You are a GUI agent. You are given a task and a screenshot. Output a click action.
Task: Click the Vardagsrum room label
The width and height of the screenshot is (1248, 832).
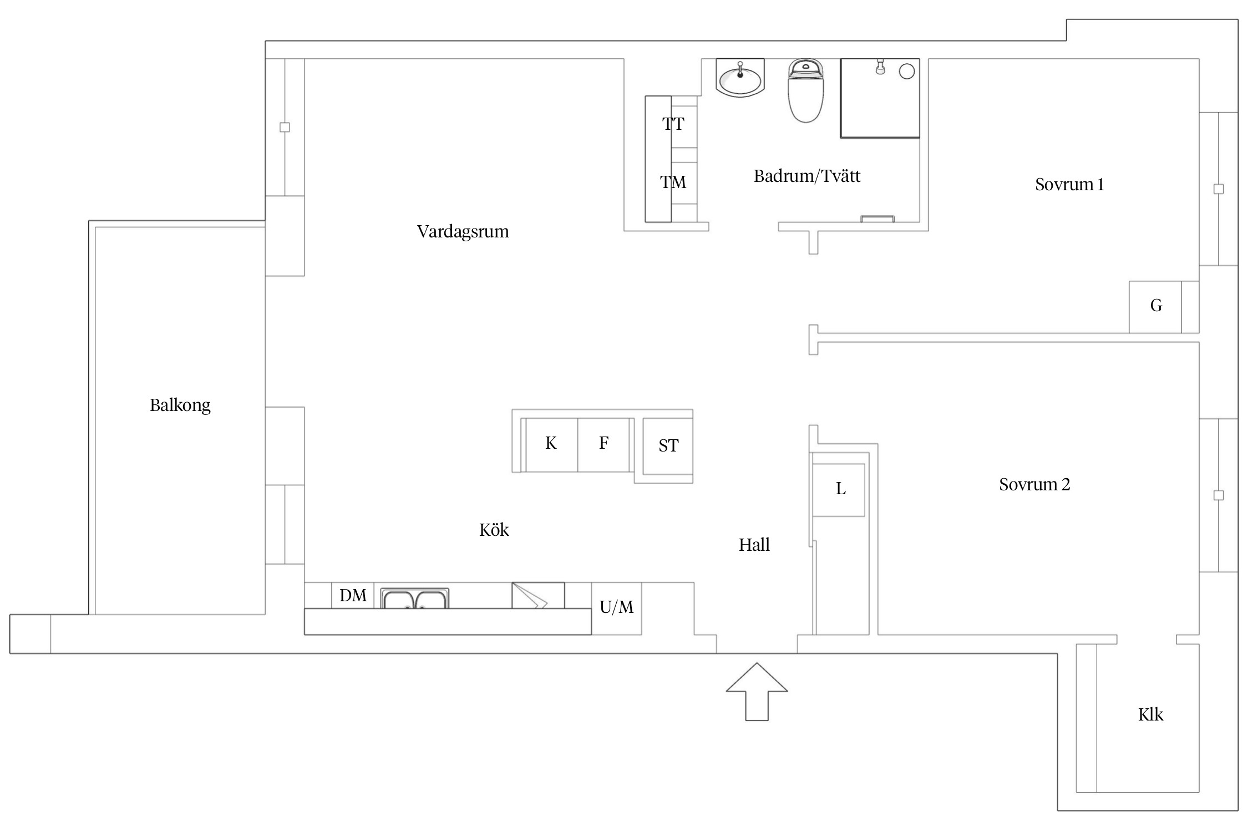coord(463,231)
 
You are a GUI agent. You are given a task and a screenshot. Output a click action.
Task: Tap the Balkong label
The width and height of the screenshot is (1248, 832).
coord(180,405)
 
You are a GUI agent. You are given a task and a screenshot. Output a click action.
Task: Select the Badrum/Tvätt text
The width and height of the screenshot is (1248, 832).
coord(807,176)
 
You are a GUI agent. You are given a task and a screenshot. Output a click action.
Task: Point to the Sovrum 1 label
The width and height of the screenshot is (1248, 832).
coord(1069,184)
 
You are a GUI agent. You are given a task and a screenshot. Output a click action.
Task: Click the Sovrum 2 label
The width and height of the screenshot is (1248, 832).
coord(1034,484)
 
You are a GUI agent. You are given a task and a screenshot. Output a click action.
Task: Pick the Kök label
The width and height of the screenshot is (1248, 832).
coord(494,530)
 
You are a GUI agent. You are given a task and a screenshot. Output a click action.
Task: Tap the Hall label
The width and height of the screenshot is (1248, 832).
coord(754,545)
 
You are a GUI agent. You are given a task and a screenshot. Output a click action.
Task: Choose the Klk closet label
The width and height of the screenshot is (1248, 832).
coord(1150,714)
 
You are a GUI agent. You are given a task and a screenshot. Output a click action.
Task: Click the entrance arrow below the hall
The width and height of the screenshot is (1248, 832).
coord(757,692)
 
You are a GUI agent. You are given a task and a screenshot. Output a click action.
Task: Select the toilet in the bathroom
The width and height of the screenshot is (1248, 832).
coord(806,90)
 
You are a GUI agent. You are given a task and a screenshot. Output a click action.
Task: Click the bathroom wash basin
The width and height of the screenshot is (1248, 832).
coord(740,78)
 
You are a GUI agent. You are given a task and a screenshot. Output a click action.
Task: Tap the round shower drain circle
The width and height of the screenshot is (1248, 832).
coord(907,72)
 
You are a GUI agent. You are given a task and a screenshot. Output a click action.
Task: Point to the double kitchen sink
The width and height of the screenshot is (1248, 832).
coord(415,598)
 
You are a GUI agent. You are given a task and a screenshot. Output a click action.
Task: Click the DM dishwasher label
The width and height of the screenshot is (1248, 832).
coord(353,596)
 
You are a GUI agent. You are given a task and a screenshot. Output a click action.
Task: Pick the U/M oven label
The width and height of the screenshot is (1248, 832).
coord(616,607)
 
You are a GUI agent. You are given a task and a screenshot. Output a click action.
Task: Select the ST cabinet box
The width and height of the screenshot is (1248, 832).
coord(668,446)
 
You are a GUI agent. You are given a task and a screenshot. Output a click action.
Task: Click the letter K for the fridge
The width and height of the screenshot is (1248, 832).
coord(551,443)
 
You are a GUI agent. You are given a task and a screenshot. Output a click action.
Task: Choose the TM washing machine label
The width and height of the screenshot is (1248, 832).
coord(673,182)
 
